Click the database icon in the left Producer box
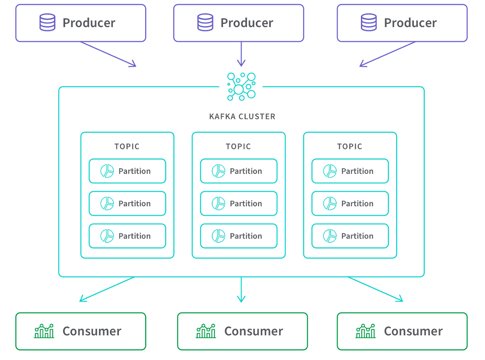tap(47, 22)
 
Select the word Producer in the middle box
tap(247, 22)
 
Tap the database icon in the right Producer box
tap(369, 22)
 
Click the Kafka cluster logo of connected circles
tap(241, 86)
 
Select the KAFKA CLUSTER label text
tap(242, 116)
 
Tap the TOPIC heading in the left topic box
tap(127, 146)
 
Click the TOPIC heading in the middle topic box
tap(238, 146)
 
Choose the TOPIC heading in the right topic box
tap(350, 146)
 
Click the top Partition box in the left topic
tap(127, 171)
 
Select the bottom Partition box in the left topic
tap(127, 235)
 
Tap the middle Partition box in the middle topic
tap(238, 203)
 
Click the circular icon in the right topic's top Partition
tap(329, 171)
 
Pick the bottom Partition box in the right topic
tap(350, 235)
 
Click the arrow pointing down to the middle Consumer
tap(241, 290)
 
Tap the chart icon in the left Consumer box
tap(44, 331)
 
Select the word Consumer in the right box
tap(413, 331)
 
